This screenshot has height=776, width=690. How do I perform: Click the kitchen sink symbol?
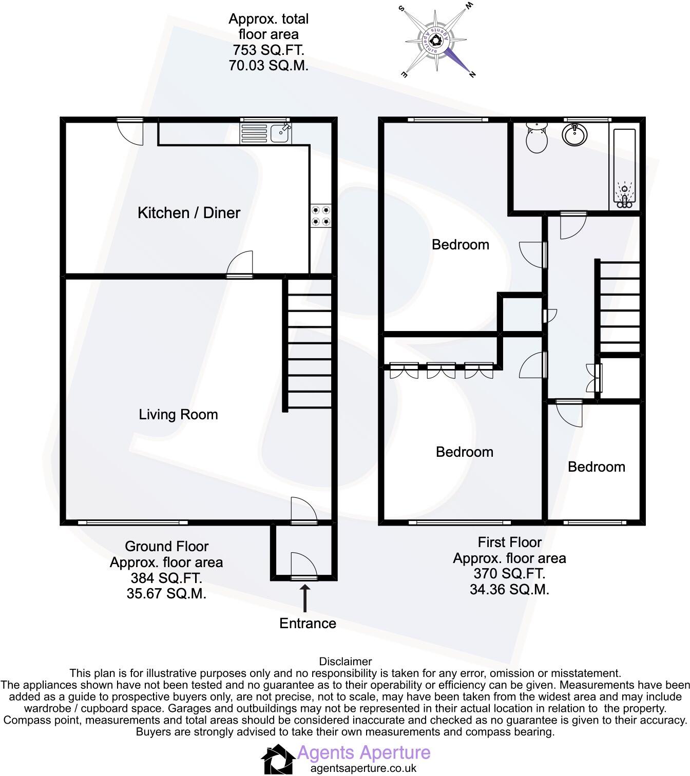(x=266, y=133)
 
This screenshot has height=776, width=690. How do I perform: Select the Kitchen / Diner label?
(x=189, y=213)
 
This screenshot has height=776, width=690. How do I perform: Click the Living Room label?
(x=178, y=415)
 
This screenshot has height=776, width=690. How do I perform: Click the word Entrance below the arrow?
(x=308, y=624)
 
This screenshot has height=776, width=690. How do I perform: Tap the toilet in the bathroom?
(x=537, y=138)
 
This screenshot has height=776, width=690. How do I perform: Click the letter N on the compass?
(x=472, y=75)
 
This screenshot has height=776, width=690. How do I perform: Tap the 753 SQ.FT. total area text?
(x=268, y=50)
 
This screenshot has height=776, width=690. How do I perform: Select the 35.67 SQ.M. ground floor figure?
(x=166, y=594)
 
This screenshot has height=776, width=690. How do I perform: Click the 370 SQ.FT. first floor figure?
(x=509, y=574)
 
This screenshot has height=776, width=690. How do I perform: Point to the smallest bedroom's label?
(x=596, y=467)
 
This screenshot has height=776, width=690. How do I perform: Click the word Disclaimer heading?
(x=345, y=662)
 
